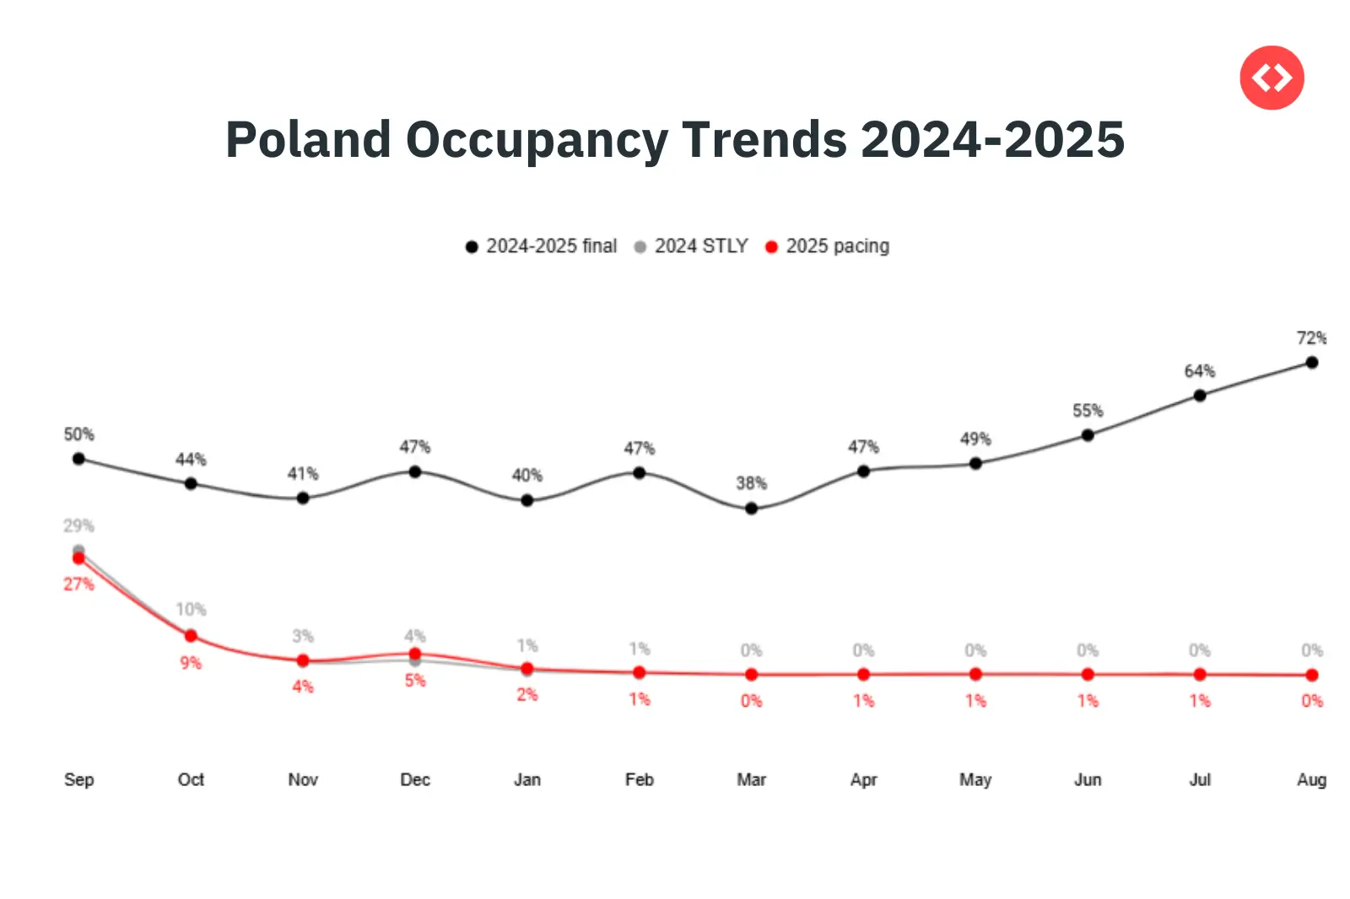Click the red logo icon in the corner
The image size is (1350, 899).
click(x=1272, y=78)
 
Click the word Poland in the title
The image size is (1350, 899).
click(x=308, y=139)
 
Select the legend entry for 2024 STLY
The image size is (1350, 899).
click(x=692, y=246)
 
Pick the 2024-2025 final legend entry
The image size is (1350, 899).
click(x=542, y=246)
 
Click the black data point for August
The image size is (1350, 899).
click(x=1312, y=363)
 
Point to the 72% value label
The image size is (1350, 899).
click(x=1311, y=338)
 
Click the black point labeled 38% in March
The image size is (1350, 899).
click(x=751, y=509)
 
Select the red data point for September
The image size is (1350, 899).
click(x=78, y=558)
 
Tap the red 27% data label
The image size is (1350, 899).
click(x=78, y=584)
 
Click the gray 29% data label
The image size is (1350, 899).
click(x=78, y=526)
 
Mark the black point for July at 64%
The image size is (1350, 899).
click(x=1200, y=396)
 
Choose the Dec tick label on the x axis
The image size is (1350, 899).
click(x=415, y=779)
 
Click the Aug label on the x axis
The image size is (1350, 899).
click(x=1311, y=779)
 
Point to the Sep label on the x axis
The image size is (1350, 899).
click(x=78, y=779)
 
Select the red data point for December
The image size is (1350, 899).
click(x=415, y=654)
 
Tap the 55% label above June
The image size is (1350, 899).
click(x=1088, y=411)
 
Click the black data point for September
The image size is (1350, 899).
click(x=78, y=459)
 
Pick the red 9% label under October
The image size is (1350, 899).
click(x=191, y=663)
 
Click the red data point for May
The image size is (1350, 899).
click(x=975, y=674)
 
